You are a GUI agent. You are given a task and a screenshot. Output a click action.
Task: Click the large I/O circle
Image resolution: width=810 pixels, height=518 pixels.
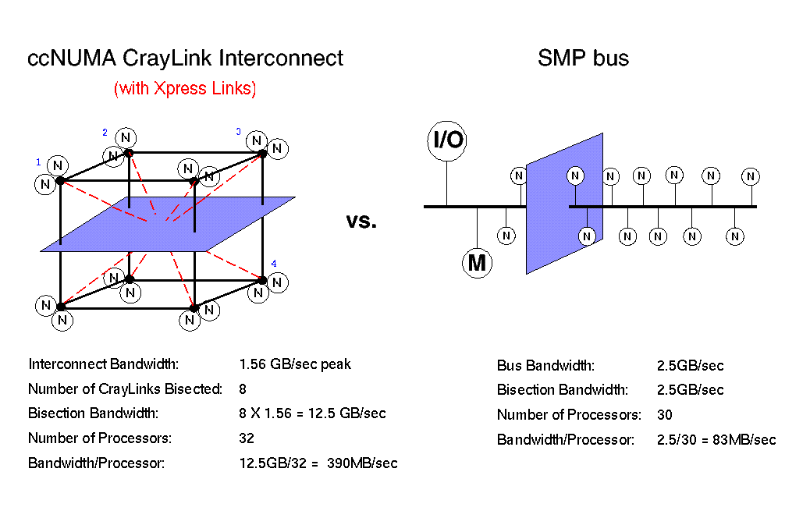(x=447, y=140)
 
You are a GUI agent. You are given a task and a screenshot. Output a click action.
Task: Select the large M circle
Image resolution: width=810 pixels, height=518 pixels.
(x=476, y=264)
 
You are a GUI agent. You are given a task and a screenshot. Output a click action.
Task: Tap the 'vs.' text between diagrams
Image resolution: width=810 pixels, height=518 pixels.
(x=361, y=222)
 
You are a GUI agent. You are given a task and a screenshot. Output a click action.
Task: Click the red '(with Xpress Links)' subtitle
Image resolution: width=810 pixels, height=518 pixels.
(x=185, y=89)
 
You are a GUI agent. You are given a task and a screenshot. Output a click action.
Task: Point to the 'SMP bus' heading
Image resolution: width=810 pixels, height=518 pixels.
(x=583, y=59)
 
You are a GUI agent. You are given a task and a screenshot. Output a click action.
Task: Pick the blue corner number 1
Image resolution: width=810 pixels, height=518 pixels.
(x=37, y=162)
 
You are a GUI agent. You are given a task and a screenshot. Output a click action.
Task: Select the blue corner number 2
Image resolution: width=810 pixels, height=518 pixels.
(x=105, y=133)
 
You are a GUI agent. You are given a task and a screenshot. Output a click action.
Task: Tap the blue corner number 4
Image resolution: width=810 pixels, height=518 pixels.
(x=274, y=264)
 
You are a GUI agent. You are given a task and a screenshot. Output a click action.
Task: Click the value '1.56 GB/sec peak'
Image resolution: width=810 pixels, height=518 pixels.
(x=295, y=364)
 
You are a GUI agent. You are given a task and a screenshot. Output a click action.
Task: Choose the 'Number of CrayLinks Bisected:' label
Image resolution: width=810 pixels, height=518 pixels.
(x=125, y=389)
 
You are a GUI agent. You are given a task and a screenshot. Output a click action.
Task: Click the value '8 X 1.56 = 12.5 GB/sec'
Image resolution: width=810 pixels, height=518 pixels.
(x=312, y=413)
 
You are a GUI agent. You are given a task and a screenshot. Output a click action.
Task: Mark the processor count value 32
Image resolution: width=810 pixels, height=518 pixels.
(x=247, y=438)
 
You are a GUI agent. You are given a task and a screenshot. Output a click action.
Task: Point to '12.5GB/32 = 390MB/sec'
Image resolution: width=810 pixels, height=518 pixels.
(x=318, y=463)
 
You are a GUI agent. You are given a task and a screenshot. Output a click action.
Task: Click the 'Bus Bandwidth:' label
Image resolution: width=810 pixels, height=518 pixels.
(x=545, y=366)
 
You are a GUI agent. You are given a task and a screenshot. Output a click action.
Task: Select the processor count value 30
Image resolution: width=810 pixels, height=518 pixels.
(x=665, y=415)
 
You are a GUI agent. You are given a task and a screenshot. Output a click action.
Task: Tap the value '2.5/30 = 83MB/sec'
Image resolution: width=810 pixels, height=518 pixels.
(x=716, y=440)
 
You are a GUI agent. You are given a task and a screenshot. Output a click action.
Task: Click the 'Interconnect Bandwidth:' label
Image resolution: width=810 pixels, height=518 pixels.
(x=104, y=364)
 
